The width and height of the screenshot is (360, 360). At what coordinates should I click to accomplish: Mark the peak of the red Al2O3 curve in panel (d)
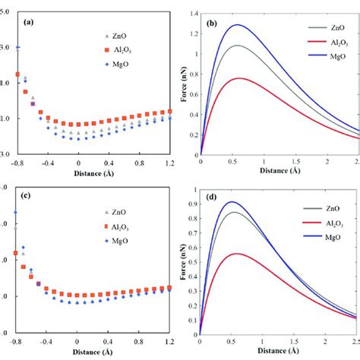click(238, 254)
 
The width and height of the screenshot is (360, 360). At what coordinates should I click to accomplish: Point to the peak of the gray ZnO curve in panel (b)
click(239, 46)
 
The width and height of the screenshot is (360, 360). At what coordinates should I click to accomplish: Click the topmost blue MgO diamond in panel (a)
click(17, 48)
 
